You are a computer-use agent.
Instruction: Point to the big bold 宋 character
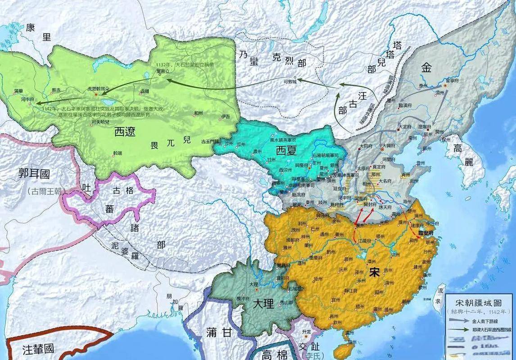pos(374,272)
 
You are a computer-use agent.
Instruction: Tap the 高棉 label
pos(274,353)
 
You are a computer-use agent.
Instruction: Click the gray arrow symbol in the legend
pos(459,321)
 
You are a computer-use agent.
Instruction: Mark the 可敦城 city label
pos(290,82)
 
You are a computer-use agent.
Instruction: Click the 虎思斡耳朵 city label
pos(95,89)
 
